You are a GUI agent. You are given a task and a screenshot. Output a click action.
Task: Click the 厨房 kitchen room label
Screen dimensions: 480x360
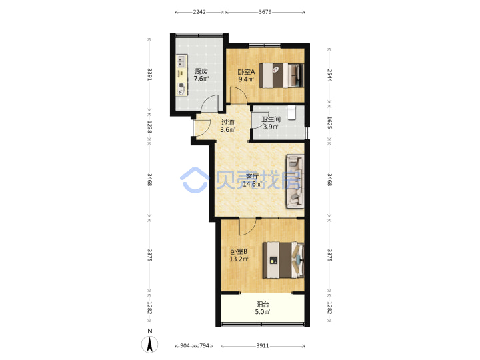[x=201, y=71]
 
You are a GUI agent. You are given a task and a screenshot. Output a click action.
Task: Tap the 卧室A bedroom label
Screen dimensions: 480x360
[x=247, y=72]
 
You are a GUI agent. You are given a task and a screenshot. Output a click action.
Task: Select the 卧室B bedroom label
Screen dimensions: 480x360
[x=239, y=252]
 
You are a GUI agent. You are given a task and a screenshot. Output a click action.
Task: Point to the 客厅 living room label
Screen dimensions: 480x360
[x=252, y=177]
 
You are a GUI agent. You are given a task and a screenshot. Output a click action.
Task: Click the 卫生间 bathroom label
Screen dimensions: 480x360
[x=271, y=119]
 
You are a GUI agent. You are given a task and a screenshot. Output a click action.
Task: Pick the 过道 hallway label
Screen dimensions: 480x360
[x=228, y=122]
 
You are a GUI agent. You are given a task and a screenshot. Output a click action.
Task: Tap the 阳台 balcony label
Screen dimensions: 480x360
[x=263, y=305]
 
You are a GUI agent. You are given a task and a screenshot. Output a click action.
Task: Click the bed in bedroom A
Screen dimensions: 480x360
[x=281, y=75]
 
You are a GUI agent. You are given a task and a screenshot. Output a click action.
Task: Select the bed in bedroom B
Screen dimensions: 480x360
[x=283, y=260]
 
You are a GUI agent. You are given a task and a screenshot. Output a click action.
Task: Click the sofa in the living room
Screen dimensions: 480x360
[x=295, y=181]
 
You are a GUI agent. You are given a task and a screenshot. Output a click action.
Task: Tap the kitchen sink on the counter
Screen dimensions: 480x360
[x=181, y=61]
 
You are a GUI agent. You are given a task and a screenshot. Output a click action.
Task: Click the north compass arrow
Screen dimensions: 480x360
[x=150, y=344]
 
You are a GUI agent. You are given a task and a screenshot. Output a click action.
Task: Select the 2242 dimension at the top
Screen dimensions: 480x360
[x=199, y=12]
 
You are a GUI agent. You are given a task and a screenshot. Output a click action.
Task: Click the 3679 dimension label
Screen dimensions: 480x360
[x=265, y=12]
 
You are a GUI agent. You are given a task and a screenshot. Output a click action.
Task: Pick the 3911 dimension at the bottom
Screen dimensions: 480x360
[x=263, y=346]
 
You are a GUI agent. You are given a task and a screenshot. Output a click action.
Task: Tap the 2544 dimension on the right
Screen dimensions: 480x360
[x=329, y=75]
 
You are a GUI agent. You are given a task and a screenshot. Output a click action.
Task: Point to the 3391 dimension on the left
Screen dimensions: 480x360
[x=150, y=74]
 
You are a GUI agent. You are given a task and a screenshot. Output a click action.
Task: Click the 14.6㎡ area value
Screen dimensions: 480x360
[x=252, y=184]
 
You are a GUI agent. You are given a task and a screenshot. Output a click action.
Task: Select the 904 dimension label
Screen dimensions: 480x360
[x=185, y=346]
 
